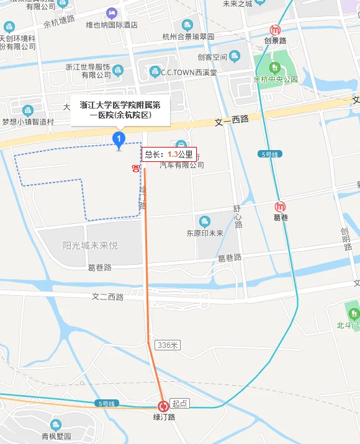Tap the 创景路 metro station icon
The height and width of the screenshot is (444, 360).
(x=275, y=30)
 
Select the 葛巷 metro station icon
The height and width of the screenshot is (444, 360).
(x=281, y=206)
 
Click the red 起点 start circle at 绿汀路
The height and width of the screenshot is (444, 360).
(x=163, y=406)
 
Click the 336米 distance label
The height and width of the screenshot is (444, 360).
(x=168, y=345)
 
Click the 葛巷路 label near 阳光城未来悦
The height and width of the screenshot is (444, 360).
(x=99, y=267)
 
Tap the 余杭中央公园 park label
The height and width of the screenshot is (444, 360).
(x=276, y=80)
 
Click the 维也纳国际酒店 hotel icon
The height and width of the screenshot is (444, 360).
(x=111, y=13)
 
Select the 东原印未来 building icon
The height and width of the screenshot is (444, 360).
(x=205, y=221)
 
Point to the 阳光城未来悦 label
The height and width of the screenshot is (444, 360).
(x=90, y=246)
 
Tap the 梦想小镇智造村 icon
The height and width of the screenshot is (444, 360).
(x=27, y=110)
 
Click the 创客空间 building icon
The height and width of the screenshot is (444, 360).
(x=234, y=56)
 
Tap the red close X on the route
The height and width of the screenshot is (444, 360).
(x=135, y=168)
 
